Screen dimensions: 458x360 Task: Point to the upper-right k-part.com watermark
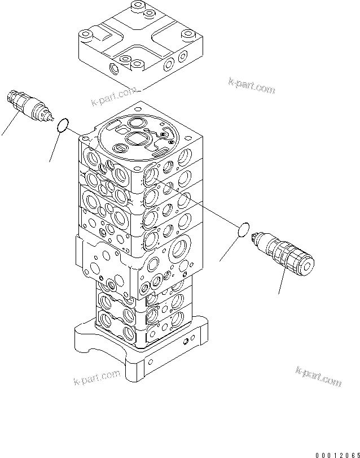tap(252, 85)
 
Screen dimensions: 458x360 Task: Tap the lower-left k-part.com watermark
tap(96, 377)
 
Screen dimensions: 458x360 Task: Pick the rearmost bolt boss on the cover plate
tap(135, 7)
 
